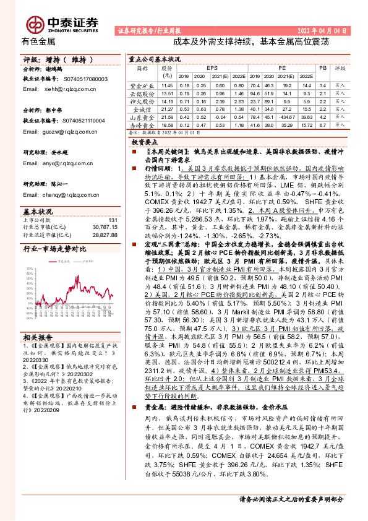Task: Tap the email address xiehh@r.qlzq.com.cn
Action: pyautogui.click(x=72, y=89)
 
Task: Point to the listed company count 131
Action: pyautogui.click(x=113, y=203)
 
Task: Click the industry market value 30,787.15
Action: pyautogui.click(x=104, y=210)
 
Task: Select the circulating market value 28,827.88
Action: pyautogui.click(x=104, y=218)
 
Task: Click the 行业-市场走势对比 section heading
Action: pyautogui.click(x=54, y=231)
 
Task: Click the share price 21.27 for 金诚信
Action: pyautogui.click(x=166, y=108)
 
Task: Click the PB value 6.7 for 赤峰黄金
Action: pyautogui.click(x=322, y=124)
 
